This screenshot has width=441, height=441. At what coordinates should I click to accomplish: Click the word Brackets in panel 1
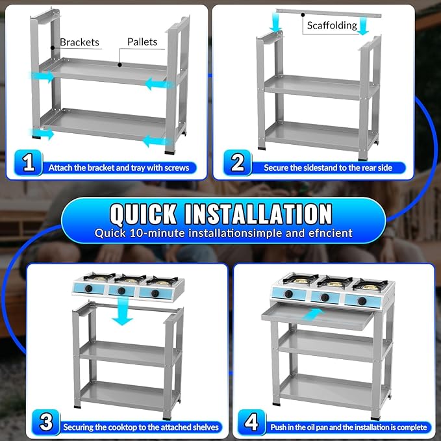coord(80,42)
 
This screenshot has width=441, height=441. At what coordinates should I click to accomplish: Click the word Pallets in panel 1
coord(142,42)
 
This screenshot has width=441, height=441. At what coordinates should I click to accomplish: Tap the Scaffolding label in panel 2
coord(332,25)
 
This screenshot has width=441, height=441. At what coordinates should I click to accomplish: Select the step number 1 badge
coord(29,162)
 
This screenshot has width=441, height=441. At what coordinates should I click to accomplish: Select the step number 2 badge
coord(238,162)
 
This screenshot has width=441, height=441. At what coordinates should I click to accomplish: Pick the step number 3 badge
coord(46,422)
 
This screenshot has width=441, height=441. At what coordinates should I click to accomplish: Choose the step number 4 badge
coord(252,422)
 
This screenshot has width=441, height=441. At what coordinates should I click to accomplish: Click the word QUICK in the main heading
coord(144,214)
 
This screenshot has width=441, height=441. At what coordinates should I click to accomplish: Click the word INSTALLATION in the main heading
coord(258,214)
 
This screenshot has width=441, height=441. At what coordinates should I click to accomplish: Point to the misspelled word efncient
coord(331,233)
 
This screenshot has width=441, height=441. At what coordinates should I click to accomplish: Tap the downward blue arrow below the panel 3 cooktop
coord(123,311)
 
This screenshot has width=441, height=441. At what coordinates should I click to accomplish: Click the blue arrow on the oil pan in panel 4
coord(313,314)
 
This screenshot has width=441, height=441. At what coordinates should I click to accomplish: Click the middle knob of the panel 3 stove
coord(121,291)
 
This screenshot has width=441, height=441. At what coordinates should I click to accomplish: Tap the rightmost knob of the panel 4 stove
coord(362,301)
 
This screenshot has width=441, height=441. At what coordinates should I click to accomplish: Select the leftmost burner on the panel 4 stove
coord(298,279)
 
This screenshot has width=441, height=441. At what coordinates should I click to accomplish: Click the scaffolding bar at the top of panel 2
coord(329,13)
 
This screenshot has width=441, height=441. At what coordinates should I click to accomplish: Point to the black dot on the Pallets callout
coord(120,65)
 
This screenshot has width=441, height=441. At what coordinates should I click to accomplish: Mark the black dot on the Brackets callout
coord(53,48)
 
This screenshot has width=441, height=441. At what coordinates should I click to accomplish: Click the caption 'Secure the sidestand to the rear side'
coord(328,168)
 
